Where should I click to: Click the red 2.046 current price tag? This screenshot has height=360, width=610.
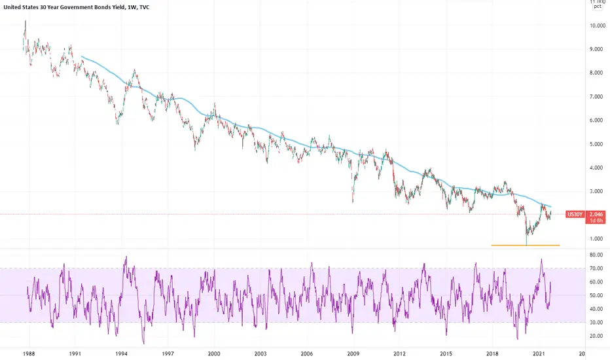597,213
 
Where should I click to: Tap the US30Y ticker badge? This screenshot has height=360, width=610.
576,213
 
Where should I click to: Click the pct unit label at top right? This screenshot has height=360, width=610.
598,7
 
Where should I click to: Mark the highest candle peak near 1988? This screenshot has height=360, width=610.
26,22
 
